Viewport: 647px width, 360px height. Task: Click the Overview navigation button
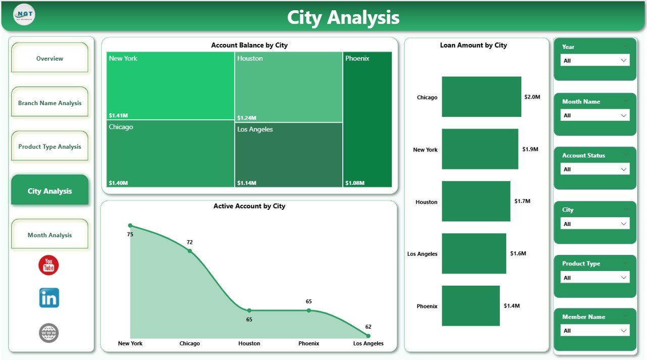tap(50, 59)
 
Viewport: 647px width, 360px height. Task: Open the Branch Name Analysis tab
tap(50, 103)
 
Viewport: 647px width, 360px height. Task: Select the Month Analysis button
tap(50, 235)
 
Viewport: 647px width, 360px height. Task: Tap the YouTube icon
tap(49, 265)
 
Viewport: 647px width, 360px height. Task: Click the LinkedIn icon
tap(49, 298)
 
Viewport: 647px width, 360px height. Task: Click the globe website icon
tap(49, 333)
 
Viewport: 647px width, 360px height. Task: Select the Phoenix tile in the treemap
tap(367, 119)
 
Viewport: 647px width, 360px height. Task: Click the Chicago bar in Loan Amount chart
tap(481, 97)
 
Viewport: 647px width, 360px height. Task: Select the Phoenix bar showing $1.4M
tap(471, 305)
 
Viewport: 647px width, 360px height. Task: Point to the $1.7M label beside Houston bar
tap(522, 201)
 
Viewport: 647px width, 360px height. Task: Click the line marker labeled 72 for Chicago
tap(190, 251)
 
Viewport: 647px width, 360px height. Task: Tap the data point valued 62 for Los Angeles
tap(368, 336)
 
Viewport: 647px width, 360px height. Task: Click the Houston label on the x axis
tap(249, 343)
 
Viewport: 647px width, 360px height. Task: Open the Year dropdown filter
tap(595, 60)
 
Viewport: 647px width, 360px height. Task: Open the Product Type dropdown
tap(595, 277)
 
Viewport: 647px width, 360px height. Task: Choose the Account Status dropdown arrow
tap(623, 169)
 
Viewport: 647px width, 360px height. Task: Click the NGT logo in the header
tap(24, 15)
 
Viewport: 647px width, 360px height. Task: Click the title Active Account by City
tap(249, 206)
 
